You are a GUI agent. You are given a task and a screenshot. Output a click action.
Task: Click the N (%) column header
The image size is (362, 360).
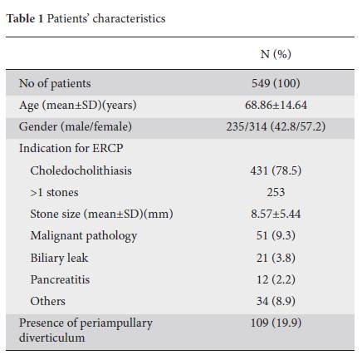276,54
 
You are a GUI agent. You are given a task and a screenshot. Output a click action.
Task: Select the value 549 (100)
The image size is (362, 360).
276,83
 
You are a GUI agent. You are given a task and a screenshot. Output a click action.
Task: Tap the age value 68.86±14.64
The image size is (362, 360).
276,105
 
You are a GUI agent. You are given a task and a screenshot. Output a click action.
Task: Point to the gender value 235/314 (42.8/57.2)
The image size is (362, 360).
276,126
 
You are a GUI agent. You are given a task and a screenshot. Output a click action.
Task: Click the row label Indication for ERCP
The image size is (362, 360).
71,148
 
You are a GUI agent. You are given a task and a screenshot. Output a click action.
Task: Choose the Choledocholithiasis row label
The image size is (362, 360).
81,170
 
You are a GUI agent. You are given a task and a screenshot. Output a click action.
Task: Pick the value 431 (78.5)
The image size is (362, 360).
276,170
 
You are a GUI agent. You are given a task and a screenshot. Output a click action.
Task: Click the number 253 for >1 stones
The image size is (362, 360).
276,192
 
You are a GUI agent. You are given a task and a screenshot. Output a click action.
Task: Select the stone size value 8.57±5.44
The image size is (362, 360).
276,214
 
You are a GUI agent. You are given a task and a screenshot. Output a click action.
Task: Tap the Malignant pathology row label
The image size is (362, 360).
84,236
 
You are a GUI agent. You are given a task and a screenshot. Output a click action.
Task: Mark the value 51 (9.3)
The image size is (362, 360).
276,235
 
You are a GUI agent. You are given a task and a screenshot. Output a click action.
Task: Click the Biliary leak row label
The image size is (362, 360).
59,258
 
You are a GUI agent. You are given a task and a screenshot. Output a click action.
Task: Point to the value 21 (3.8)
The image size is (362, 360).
276,258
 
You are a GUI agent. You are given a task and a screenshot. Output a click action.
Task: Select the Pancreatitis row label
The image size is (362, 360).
60,279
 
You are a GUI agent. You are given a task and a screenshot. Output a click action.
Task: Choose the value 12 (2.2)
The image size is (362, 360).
276,279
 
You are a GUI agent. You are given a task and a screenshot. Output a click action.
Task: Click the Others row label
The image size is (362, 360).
47,301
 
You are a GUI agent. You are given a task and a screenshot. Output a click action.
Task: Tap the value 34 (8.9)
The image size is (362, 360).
276,301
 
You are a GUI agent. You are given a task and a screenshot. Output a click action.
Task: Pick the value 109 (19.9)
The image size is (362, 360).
276,323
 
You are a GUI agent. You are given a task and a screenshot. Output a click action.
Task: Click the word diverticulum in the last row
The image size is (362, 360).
51,338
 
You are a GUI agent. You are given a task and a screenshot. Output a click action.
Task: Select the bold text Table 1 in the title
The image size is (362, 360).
25,18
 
